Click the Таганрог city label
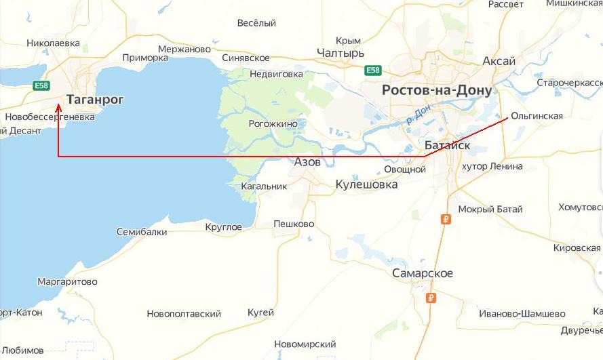tap(96, 100)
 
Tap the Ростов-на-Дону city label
tap(437, 90)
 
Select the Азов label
tap(307, 162)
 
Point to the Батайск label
tap(446, 145)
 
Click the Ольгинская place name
tap(537, 116)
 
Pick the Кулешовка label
tap(366, 184)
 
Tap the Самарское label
tap(423, 273)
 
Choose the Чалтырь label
tap(341, 54)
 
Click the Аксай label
tap(499, 62)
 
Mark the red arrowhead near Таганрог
tap(58, 107)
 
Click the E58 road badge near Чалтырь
tap(372, 71)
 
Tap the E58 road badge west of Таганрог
tap(42, 85)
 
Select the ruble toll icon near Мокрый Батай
tap(446, 219)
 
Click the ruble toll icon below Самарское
tap(429, 298)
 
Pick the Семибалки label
tap(142, 232)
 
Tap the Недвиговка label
tap(276, 74)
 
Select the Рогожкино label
tap(273, 124)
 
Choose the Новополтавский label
tap(184, 314)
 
